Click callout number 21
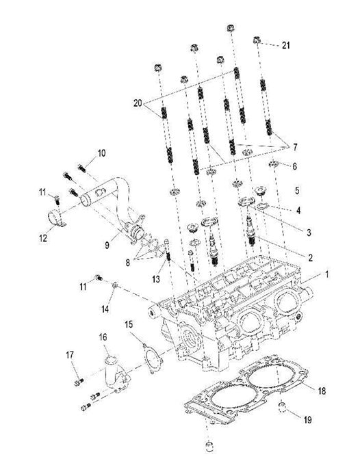tap(285, 45)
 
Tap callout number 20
tap(138, 103)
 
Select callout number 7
tap(295, 147)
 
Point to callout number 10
tap(101, 153)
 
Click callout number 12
tap(43, 238)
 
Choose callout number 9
tap(107, 245)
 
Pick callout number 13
tap(156, 279)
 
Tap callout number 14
tap(105, 309)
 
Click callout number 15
tap(129, 324)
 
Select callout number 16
tap(103, 337)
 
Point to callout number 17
tap(70, 355)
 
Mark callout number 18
tap(322, 391)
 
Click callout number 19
tap(307, 419)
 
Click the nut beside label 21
tap(256, 40)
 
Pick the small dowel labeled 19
tap(282, 406)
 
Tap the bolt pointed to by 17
tap(79, 382)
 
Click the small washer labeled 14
tap(115, 285)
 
